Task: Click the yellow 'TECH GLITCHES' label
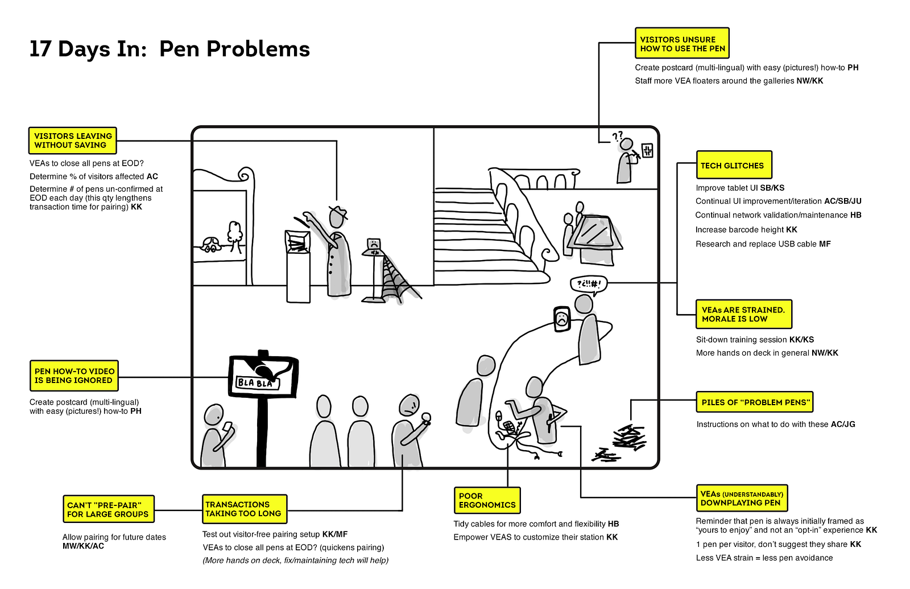click(x=734, y=165)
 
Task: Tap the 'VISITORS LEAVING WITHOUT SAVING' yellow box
click(x=73, y=141)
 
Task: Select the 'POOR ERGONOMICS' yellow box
click(x=487, y=500)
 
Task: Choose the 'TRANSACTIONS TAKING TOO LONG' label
click(x=245, y=509)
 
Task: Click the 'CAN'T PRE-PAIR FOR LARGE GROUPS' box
click(x=108, y=509)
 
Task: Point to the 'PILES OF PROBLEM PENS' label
click(x=754, y=402)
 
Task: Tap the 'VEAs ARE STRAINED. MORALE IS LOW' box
click(x=743, y=314)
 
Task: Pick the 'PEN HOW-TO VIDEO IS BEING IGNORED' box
click(x=74, y=376)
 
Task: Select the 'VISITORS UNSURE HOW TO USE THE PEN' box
click(x=682, y=44)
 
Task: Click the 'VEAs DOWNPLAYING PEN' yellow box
click(x=742, y=499)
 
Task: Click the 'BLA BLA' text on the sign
click(x=255, y=383)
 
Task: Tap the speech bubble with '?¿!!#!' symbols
click(x=589, y=284)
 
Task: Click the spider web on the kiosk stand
click(x=398, y=279)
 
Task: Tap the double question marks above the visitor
click(x=618, y=135)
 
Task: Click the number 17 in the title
click(x=40, y=50)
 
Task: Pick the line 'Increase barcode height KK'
click(x=746, y=230)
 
